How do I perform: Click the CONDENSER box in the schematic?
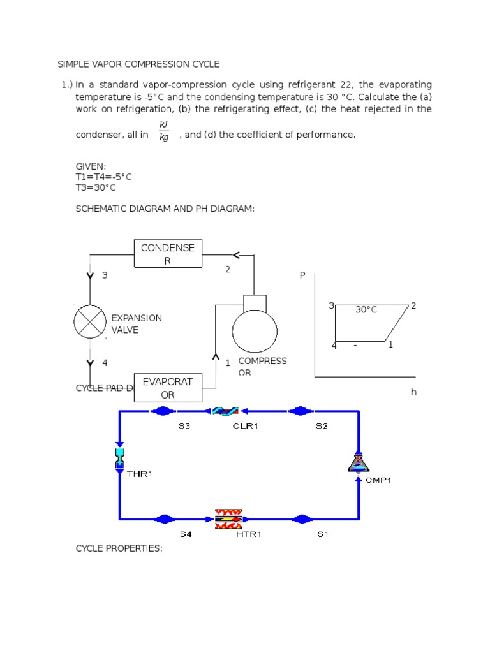(x=168, y=254)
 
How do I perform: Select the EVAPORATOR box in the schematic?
(x=168, y=388)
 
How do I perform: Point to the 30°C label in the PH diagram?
(x=366, y=310)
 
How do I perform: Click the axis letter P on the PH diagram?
(x=302, y=275)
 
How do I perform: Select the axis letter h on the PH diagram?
(x=413, y=392)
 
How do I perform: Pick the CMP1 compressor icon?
(x=359, y=462)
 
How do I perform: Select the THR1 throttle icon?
(x=119, y=459)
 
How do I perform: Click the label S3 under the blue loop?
(x=184, y=427)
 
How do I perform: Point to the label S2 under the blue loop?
(x=322, y=427)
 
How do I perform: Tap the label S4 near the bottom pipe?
(x=185, y=534)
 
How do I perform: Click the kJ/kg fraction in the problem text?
(x=164, y=130)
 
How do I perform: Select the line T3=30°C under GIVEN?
(x=96, y=187)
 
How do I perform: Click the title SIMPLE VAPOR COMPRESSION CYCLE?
(x=138, y=64)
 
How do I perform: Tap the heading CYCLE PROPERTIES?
(x=119, y=548)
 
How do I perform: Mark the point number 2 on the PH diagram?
(x=413, y=305)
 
